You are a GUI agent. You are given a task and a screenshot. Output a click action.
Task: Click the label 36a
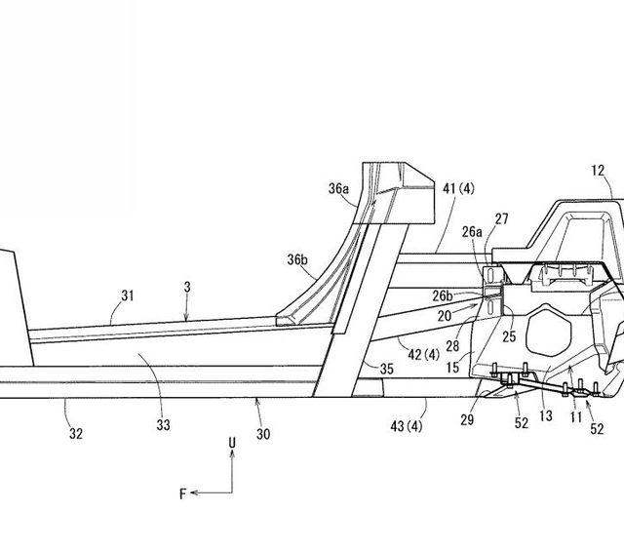click(338, 189)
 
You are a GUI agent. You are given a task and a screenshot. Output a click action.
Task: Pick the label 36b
click(297, 260)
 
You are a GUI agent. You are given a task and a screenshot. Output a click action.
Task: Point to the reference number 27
click(501, 220)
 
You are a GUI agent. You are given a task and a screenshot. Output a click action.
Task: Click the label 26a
click(472, 231)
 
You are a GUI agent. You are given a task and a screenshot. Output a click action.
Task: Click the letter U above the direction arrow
click(232, 444)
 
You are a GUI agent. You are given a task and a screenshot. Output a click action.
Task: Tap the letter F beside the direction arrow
click(181, 494)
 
